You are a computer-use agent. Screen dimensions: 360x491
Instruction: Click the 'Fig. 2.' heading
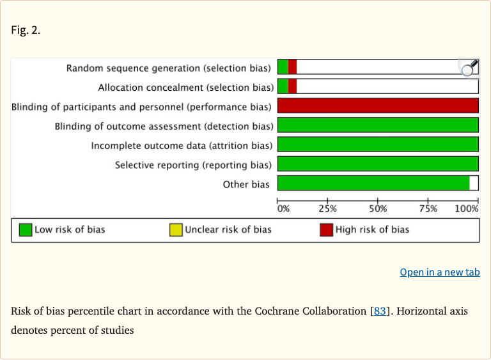(26, 30)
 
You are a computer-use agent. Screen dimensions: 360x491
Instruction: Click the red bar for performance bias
(377, 106)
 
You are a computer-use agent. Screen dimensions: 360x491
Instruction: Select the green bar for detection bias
(377, 125)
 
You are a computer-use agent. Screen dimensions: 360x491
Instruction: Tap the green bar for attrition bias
(377, 145)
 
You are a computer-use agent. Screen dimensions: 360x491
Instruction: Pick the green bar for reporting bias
(377, 164)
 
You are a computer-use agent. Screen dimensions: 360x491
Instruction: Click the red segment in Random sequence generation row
(292, 67)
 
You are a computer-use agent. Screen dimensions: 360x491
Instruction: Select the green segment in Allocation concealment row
(283, 86)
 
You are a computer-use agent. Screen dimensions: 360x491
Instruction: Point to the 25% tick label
(327, 208)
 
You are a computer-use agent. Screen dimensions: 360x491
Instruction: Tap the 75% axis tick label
(428, 208)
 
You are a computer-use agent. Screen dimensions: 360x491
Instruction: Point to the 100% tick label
(467, 208)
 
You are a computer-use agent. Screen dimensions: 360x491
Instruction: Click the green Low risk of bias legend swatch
(26, 230)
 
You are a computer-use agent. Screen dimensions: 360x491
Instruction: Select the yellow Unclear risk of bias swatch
(176, 230)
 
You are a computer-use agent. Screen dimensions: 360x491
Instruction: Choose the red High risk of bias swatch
(326, 230)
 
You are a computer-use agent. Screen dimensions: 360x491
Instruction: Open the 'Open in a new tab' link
(439, 272)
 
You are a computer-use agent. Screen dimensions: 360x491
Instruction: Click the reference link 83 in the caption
(379, 311)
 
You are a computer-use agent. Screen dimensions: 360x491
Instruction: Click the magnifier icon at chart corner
(469, 68)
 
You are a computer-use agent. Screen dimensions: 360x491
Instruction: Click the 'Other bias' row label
(246, 184)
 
